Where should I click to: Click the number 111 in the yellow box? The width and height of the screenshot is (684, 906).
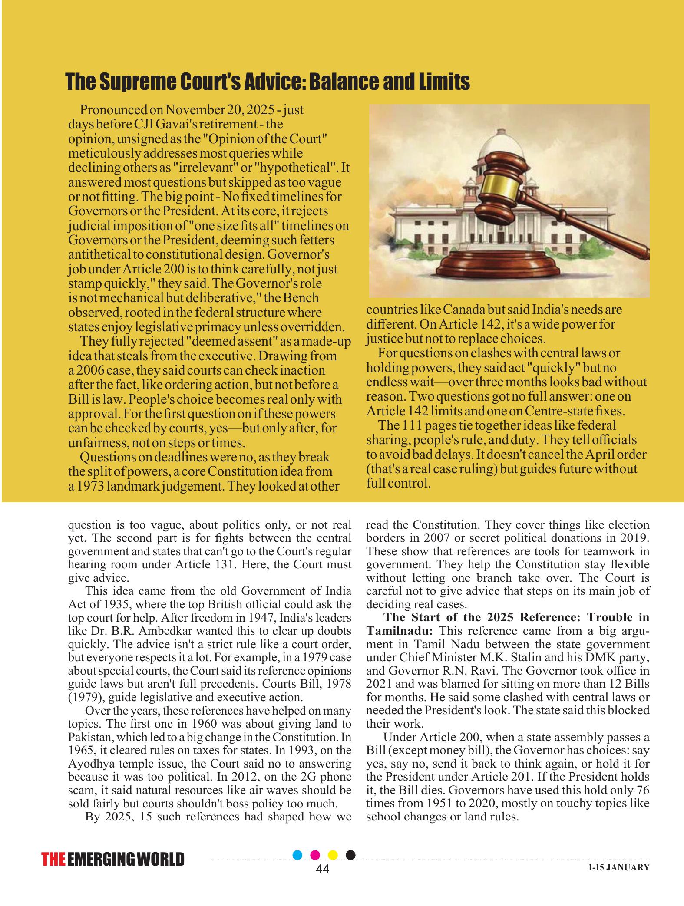click(411, 425)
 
